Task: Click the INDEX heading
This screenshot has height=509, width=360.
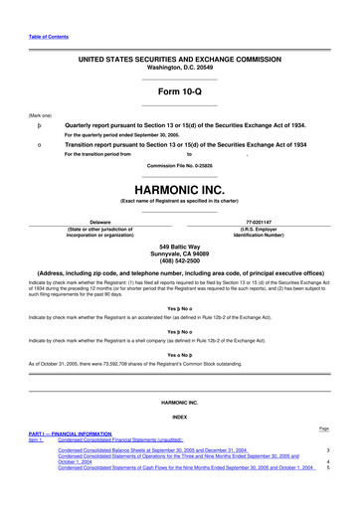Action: click(180, 417)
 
